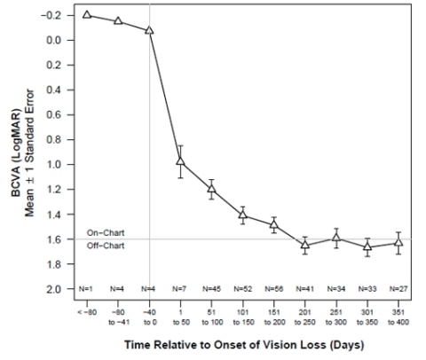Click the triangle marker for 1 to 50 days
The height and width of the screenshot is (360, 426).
(x=180, y=161)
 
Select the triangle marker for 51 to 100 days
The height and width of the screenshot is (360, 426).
(x=211, y=188)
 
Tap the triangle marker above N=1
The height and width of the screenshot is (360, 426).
(x=87, y=14)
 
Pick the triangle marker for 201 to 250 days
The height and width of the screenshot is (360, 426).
(x=304, y=245)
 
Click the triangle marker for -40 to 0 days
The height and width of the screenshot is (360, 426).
(x=149, y=29)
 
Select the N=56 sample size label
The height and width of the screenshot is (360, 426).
(x=273, y=288)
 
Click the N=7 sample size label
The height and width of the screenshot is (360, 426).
(x=180, y=288)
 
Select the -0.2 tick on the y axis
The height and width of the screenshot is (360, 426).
(x=54, y=15)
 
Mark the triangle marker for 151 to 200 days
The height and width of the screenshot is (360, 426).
(x=273, y=225)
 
